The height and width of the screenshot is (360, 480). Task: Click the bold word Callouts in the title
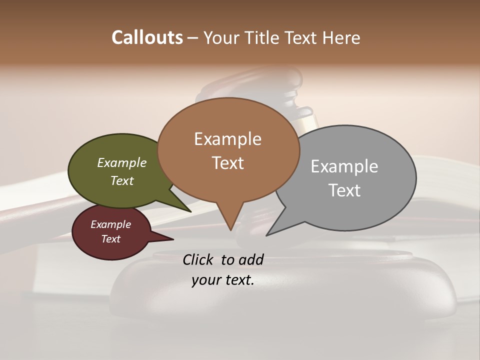point(147,37)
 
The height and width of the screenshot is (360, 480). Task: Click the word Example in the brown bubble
point(227,139)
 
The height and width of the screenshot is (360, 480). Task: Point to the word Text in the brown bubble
point(227,163)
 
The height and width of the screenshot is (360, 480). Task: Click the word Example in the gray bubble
point(344,166)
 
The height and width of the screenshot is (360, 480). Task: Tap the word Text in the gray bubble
point(344,190)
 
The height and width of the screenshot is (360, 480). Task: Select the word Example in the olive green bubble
point(122,163)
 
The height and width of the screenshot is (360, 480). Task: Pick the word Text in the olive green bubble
point(122,180)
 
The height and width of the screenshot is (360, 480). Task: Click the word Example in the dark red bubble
point(110,224)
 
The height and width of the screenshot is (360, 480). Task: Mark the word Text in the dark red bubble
point(110,239)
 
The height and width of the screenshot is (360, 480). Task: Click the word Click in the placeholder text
point(198,260)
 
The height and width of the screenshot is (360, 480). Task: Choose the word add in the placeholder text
point(251,260)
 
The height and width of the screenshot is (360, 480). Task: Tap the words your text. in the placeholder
point(223,280)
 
